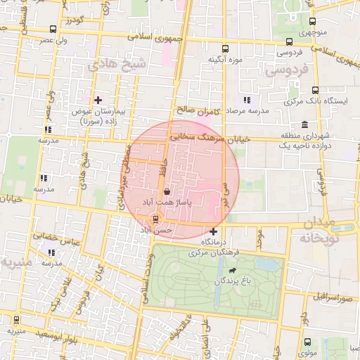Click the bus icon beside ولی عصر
click(54, 30)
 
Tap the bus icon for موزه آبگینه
click(225, 49)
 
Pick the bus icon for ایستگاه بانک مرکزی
click(314, 91)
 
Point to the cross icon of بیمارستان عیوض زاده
click(98, 100)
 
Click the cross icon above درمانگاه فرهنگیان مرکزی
click(214, 231)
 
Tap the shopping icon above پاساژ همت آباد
click(167, 191)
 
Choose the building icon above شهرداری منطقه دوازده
click(304, 124)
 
